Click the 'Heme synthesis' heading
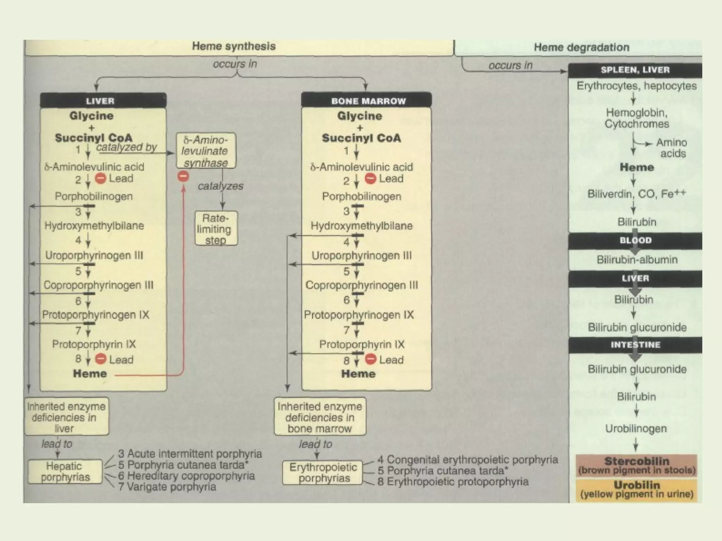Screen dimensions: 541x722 234,46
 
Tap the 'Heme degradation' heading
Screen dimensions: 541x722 581,47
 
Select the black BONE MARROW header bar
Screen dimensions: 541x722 367,101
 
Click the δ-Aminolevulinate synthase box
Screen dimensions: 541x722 206,151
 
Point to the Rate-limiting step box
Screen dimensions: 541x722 216,229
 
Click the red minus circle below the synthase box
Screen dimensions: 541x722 183,176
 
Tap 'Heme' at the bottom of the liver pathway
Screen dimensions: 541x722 90,374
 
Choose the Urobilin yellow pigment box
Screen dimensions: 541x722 637,489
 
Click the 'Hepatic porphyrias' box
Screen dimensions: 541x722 65,472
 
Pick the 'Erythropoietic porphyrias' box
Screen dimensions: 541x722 323,473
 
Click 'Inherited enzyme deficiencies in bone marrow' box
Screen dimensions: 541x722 320,417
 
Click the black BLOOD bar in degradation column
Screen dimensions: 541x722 635,241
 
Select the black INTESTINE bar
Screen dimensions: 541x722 635,345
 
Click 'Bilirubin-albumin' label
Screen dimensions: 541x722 637,260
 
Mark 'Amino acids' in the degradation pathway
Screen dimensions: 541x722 672,148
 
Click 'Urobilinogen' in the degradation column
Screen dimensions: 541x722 636,429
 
